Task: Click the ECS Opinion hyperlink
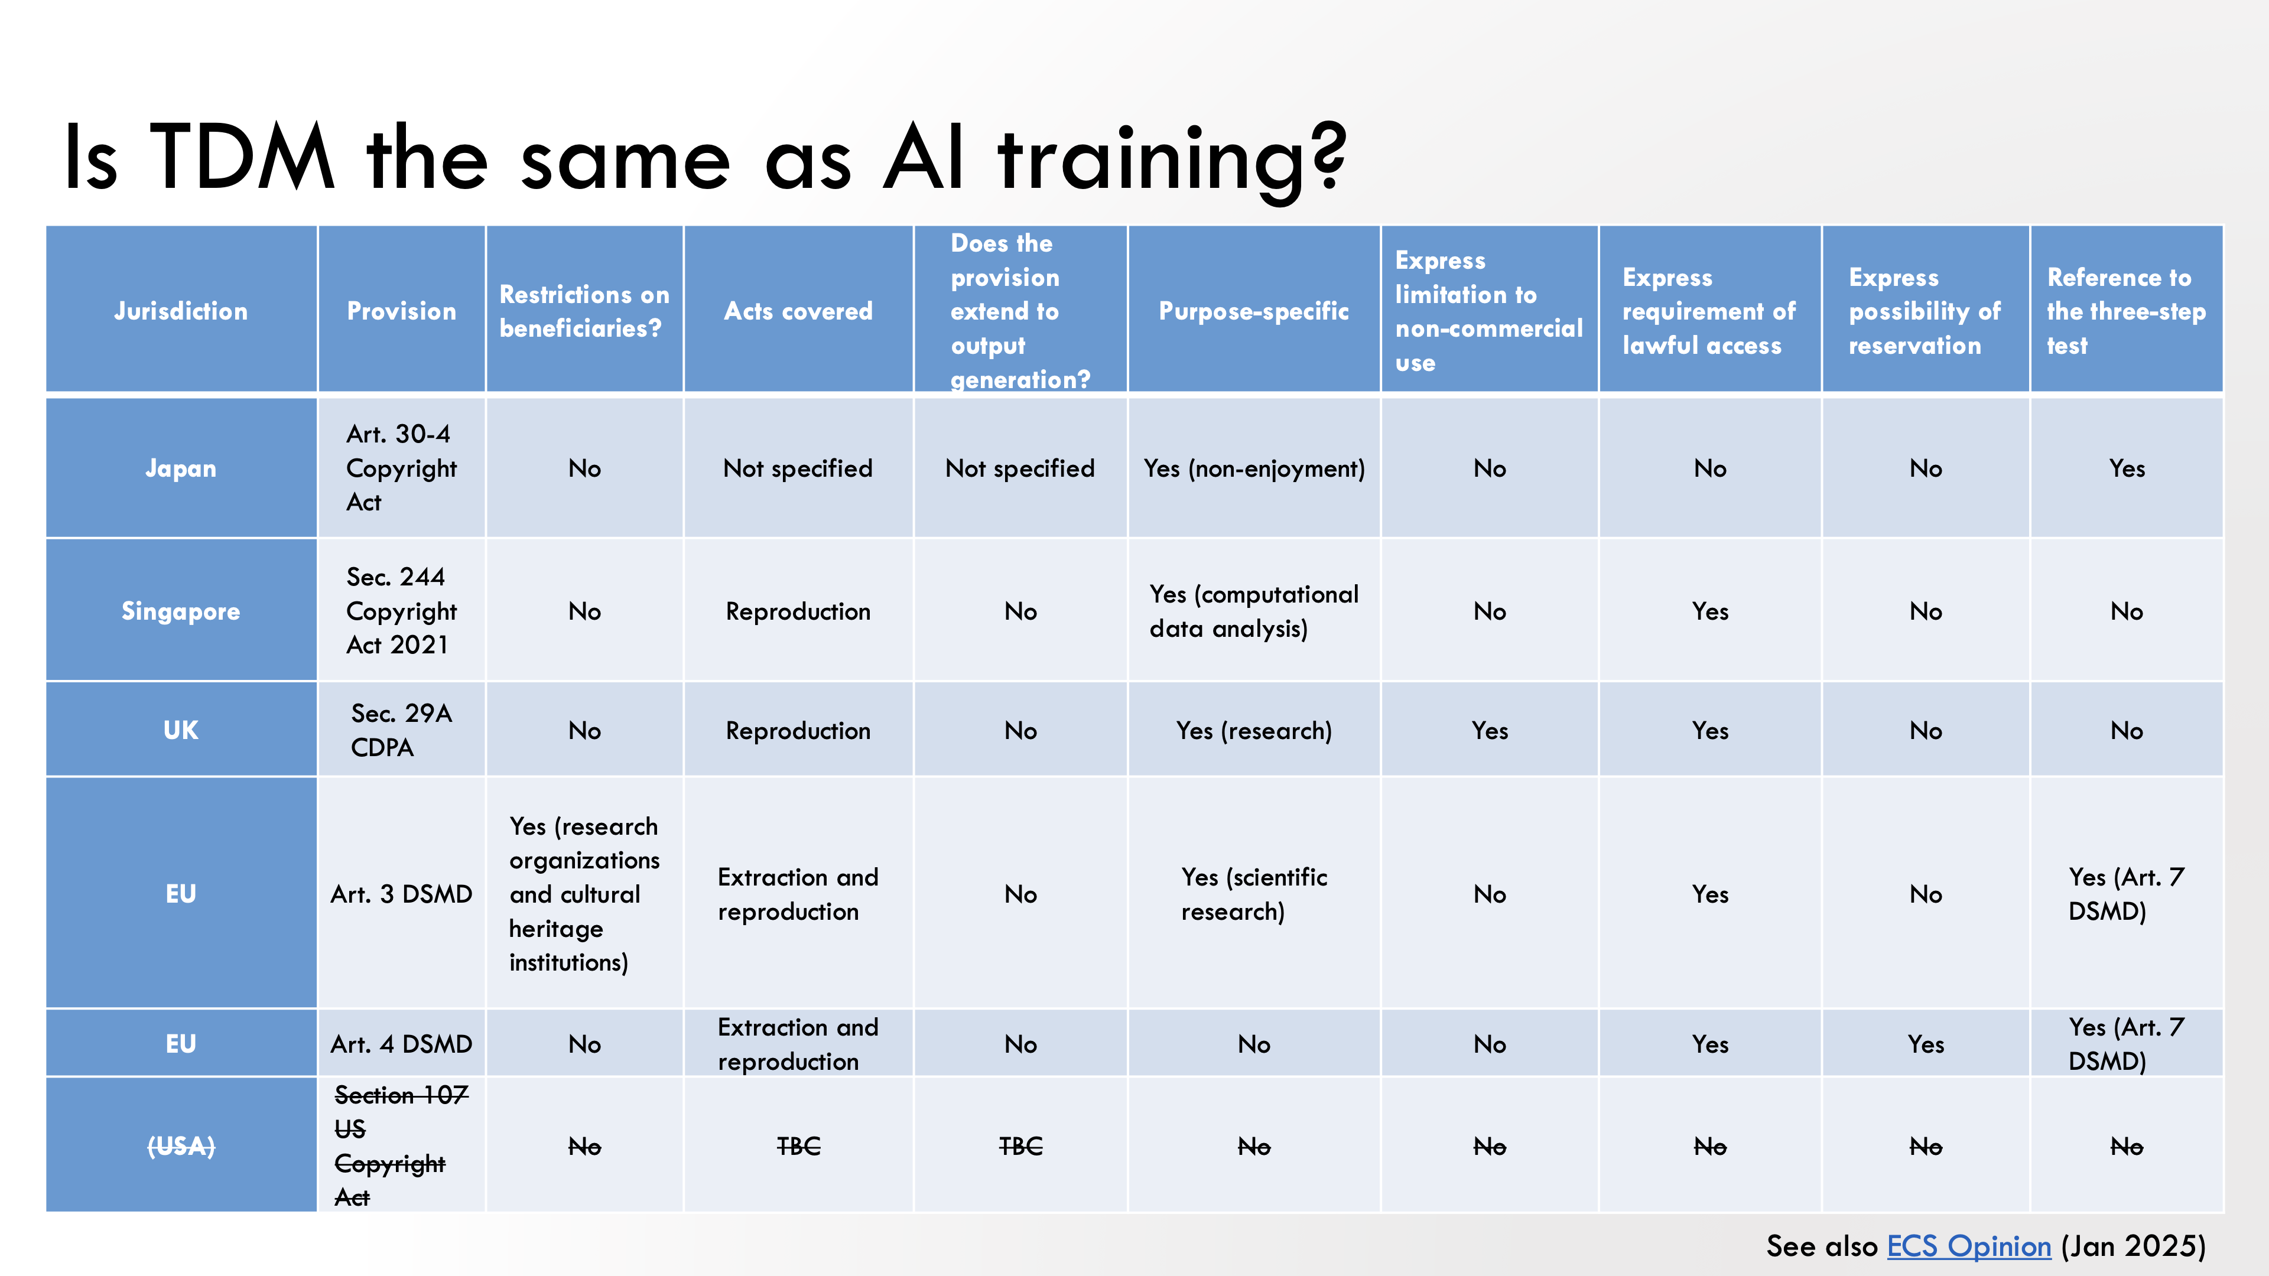coord(1969,1246)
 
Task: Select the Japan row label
coord(181,468)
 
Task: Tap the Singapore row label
coord(181,611)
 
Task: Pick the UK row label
coord(181,730)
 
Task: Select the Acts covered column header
coord(798,311)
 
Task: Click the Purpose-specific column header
coord(1253,311)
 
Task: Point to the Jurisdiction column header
coord(181,311)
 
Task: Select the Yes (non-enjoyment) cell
coord(1253,468)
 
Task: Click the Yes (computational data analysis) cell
coord(1253,611)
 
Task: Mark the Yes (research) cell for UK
coord(1253,730)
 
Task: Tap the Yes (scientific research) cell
coord(1253,894)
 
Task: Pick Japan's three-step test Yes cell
coord(2127,468)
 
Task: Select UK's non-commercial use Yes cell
coord(1490,730)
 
